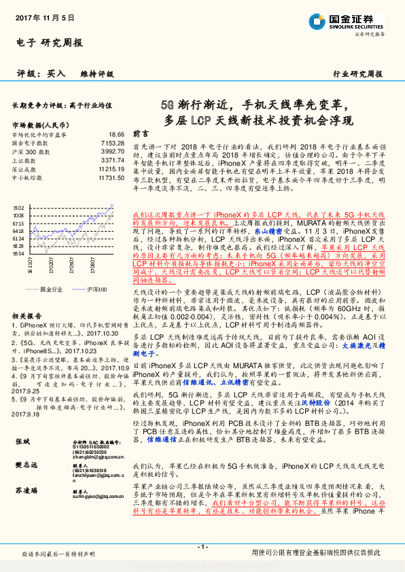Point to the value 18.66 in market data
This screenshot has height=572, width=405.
pos(116,135)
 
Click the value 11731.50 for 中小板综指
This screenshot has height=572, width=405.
pos(111,177)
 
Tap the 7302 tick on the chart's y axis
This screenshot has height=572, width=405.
pos(18,208)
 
